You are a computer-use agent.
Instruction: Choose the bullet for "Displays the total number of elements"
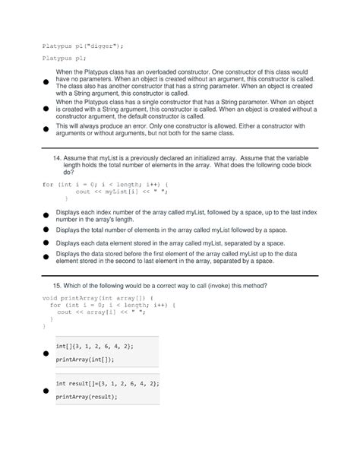point(46,228)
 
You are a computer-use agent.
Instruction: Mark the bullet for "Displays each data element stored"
point(46,243)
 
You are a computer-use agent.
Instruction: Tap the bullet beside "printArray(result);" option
point(46,390)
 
